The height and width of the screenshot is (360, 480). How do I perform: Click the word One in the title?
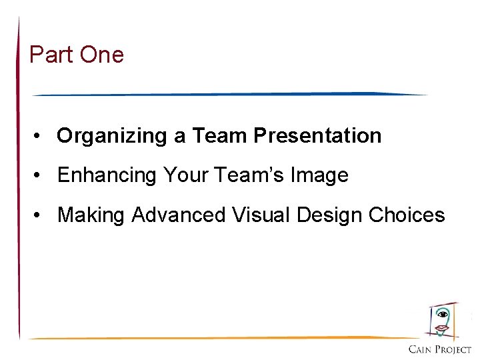pyautogui.click(x=101, y=55)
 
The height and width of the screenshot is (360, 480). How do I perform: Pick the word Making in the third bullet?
pyautogui.click(x=91, y=215)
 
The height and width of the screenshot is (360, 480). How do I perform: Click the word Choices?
pyautogui.click(x=406, y=215)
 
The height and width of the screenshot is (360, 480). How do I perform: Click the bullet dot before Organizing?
pyautogui.click(x=41, y=137)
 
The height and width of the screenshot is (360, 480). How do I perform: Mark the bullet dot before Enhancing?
pyautogui.click(x=41, y=176)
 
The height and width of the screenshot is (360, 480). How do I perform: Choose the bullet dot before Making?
pyautogui.click(x=41, y=215)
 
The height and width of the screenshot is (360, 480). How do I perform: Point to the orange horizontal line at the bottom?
pyautogui.click(x=220, y=337)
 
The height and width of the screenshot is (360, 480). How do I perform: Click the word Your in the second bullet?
pyautogui.click(x=187, y=175)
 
